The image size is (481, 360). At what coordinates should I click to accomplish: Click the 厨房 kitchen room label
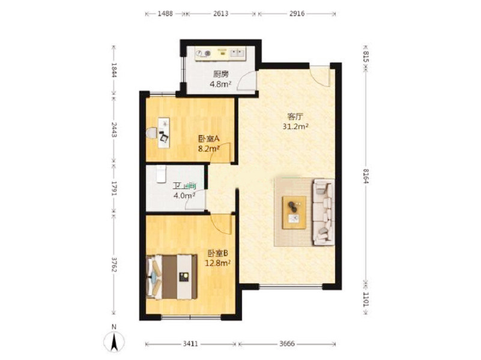(x=221, y=74)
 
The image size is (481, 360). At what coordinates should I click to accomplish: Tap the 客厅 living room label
(x=295, y=117)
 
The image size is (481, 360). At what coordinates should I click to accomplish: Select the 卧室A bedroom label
(x=209, y=139)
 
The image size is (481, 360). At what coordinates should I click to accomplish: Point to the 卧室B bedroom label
(x=218, y=253)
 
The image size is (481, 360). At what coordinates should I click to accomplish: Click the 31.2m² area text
(x=295, y=126)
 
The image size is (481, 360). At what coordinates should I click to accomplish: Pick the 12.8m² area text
(x=218, y=263)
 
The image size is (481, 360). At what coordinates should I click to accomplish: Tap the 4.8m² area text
(x=220, y=84)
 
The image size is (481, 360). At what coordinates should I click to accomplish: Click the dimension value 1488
(x=165, y=13)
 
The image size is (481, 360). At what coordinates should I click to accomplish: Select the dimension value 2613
(x=220, y=13)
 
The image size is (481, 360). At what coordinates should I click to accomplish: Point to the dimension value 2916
(x=297, y=13)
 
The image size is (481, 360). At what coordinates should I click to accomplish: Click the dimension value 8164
(x=365, y=176)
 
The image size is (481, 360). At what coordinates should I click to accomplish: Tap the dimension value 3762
(x=114, y=264)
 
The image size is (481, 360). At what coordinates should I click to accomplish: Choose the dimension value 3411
(x=190, y=344)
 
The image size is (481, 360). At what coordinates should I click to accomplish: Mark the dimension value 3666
(x=287, y=344)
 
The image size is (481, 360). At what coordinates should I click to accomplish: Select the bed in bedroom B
(x=172, y=277)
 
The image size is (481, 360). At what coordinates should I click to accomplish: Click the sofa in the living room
(x=324, y=212)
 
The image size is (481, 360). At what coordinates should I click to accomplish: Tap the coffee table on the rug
(x=294, y=212)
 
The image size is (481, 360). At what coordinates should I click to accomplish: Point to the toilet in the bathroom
(x=161, y=174)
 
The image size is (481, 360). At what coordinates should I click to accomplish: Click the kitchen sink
(x=237, y=53)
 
